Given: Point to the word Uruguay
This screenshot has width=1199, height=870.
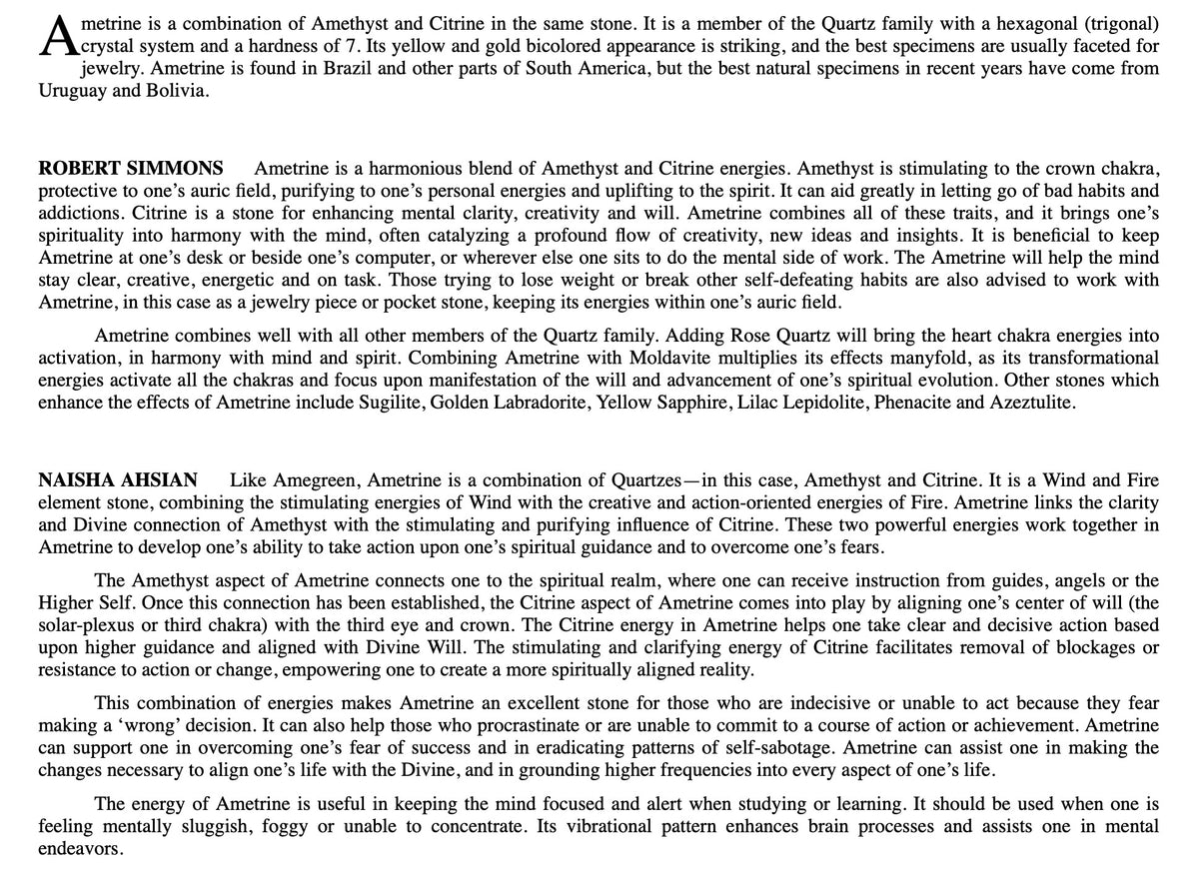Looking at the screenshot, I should [72, 91].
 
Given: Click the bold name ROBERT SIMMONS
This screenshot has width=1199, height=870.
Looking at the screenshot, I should [131, 168].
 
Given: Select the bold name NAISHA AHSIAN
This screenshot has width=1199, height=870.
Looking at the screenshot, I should [118, 480].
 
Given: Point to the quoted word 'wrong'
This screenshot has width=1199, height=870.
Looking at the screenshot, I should [160, 725].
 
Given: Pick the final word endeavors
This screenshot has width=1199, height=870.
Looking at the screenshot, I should [81, 849].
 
